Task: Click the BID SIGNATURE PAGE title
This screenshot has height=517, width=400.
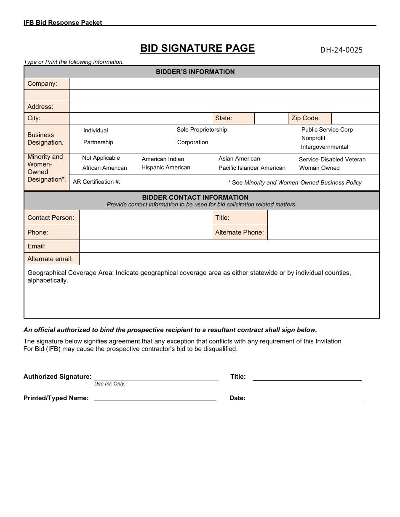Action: (197, 48)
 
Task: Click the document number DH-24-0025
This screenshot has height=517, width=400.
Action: (341, 50)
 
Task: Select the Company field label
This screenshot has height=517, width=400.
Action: (42, 84)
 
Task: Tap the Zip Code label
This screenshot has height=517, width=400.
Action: (306, 118)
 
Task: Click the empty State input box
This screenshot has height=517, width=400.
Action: (271, 118)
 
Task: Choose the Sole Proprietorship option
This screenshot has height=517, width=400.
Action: (202, 130)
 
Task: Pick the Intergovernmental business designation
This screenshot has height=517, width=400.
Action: (324, 147)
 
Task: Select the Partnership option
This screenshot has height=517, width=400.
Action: (98, 142)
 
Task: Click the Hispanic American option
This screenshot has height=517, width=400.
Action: (166, 168)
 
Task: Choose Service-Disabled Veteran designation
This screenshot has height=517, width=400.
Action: (332, 160)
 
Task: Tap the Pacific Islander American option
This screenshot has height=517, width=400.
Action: (252, 168)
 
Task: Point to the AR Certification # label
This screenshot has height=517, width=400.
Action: (96, 182)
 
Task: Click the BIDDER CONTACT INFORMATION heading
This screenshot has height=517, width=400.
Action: (195, 198)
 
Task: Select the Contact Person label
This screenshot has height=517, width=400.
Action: (51, 218)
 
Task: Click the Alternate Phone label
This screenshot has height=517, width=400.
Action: (239, 232)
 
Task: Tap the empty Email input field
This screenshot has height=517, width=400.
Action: (229, 246)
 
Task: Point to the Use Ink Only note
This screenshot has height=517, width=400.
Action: (110, 384)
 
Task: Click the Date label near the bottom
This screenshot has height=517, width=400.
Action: (237, 398)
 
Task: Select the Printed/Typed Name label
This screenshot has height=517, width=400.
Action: (56, 398)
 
